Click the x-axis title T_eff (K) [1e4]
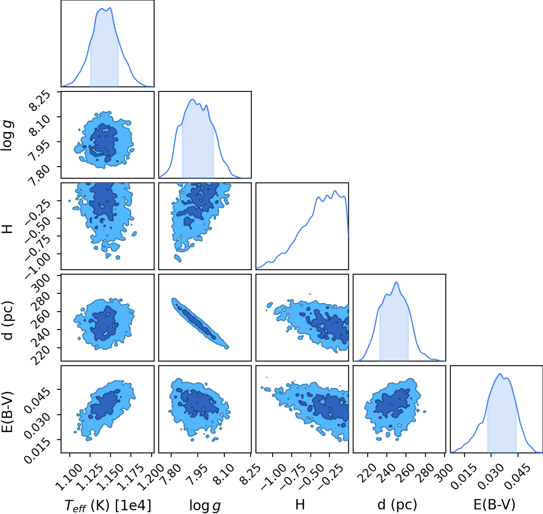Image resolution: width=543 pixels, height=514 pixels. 108,505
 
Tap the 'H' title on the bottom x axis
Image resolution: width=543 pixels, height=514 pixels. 300,504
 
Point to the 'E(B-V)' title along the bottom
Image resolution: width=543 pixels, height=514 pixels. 494,505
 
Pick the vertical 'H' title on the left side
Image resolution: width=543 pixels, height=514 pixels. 7,229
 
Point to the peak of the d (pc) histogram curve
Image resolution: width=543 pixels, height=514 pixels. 397,283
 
